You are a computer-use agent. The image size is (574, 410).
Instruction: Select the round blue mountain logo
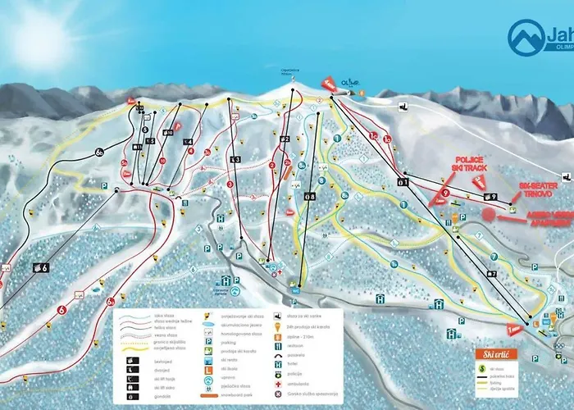526,37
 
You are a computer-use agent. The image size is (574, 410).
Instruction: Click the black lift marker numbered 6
41,266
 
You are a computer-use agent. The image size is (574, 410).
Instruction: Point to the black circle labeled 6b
99,151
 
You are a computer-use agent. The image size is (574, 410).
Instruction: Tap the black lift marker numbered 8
309,196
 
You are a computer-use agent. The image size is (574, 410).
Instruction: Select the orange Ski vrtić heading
498,354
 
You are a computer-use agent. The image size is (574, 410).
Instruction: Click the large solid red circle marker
489,215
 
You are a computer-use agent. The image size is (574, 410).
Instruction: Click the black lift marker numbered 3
235,159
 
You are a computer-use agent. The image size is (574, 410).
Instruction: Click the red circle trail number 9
444,195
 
